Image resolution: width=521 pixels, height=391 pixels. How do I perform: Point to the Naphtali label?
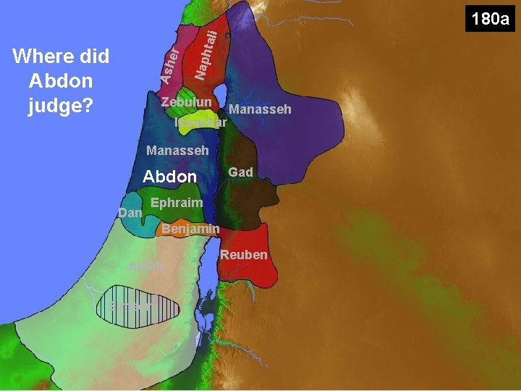[x=206, y=54]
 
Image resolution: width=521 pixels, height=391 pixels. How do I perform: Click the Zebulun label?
[x=186, y=102]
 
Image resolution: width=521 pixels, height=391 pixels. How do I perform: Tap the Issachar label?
[x=201, y=122]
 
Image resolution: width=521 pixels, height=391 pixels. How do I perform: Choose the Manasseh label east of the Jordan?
[x=260, y=109]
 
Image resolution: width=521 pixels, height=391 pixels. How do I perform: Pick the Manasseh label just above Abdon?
[x=177, y=151]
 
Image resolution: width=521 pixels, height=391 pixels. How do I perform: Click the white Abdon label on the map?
[x=170, y=176]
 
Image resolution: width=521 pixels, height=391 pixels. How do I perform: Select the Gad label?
[x=240, y=172]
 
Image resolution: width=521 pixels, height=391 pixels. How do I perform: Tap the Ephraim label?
[x=177, y=203]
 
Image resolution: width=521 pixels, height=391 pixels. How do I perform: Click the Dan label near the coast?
[x=130, y=213]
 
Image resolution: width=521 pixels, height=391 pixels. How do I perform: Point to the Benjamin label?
[x=190, y=230]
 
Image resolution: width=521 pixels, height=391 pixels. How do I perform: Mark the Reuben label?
[x=244, y=254]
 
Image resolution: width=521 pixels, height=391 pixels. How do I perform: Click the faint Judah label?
[x=145, y=266]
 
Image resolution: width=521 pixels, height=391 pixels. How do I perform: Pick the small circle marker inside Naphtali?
[x=228, y=35]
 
